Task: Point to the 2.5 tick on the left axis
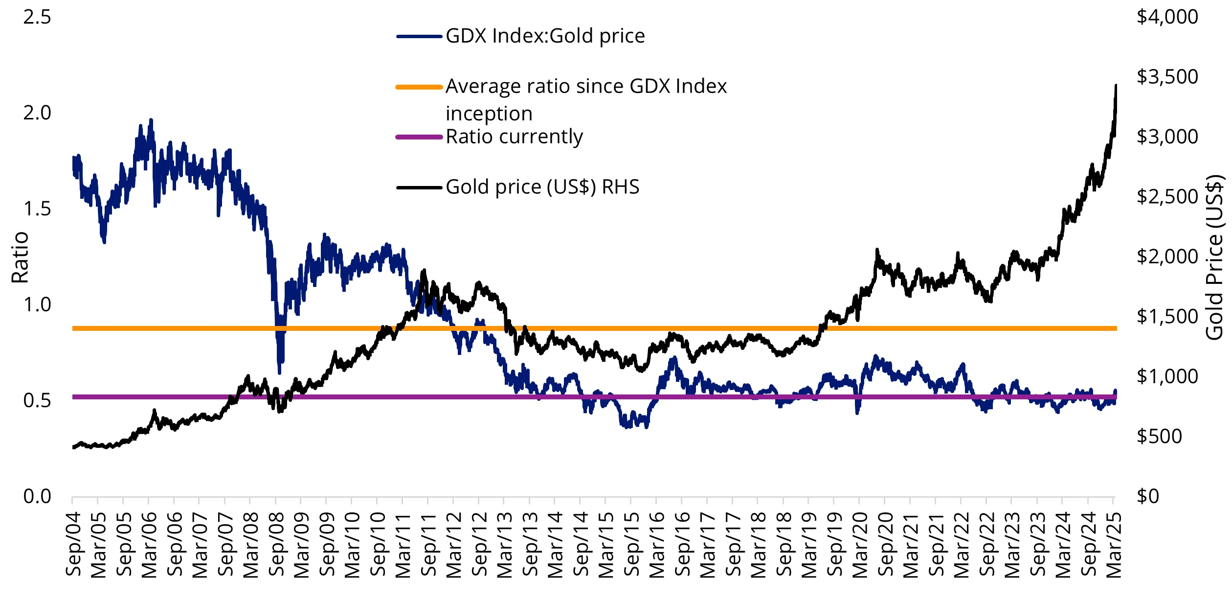coord(37,17)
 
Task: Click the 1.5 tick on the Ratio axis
coord(37,209)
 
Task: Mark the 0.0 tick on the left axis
coord(37,497)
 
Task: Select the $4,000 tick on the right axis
coord(1167,17)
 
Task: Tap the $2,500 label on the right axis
coord(1167,197)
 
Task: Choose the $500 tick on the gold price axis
coord(1159,437)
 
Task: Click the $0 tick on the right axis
coord(1148,497)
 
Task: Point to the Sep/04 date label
coord(73,544)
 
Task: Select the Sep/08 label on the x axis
coord(276,544)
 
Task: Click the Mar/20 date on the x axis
coord(860,544)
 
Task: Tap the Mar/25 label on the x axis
coord(1114,544)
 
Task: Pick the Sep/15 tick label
coord(631,544)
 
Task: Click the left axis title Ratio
coord(20,257)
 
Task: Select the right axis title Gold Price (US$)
coord(1214,257)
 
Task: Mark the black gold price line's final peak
coord(1116,86)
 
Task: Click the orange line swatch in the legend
coord(419,87)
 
